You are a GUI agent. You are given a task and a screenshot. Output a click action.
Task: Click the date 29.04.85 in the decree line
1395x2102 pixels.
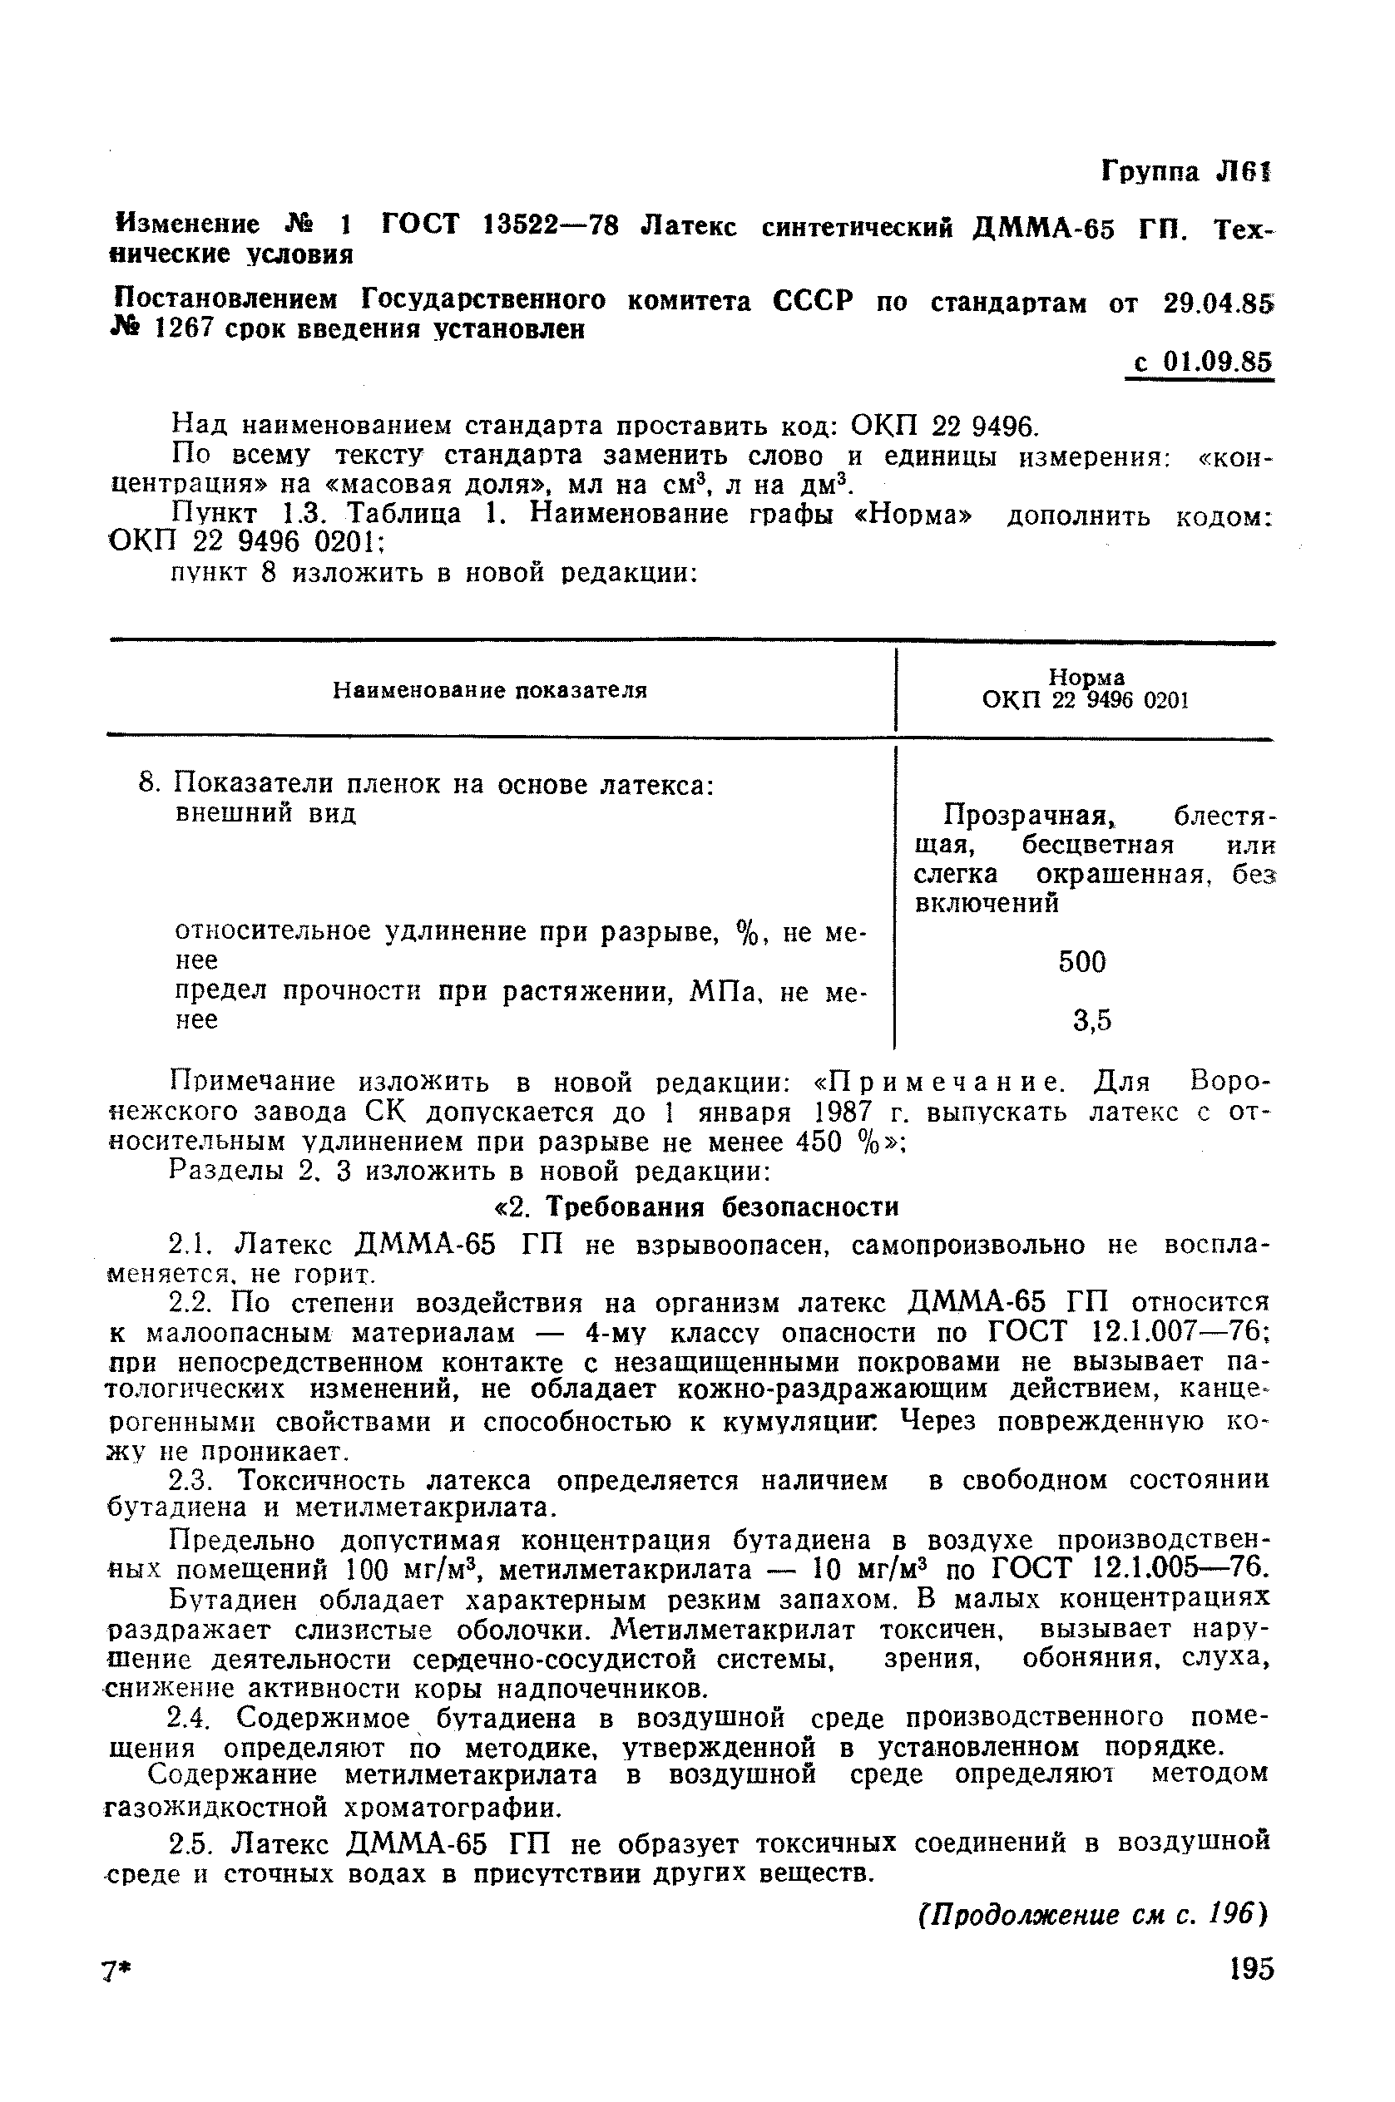[1217, 303]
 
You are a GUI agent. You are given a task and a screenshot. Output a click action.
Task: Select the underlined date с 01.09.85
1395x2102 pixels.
[1201, 363]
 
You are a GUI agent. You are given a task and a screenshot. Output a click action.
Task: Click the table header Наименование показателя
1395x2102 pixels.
[489, 690]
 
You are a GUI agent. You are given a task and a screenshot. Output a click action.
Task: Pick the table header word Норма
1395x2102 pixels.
[1086, 678]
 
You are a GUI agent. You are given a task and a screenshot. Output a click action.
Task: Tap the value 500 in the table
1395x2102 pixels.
[1082, 961]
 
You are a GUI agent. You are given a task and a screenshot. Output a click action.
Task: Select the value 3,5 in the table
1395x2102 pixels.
[1091, 1021]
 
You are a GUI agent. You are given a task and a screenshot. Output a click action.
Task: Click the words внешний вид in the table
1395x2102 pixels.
[266, 813]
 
